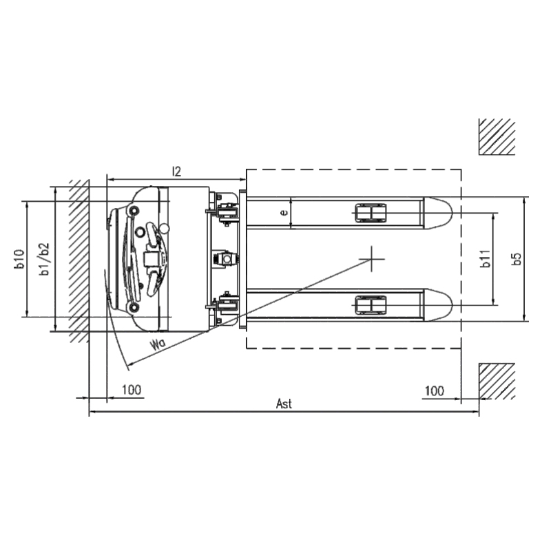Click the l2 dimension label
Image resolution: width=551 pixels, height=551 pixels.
pos(176,171)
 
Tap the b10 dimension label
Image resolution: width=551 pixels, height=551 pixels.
pos(19,259)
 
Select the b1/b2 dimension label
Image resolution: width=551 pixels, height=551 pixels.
pos(44,259)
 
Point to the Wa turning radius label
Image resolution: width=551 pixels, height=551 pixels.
pos(158,344)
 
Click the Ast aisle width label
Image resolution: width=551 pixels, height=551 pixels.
pos(284,404)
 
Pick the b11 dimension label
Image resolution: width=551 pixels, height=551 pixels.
pos(486,259)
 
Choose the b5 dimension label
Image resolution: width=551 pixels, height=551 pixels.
pos(516,259)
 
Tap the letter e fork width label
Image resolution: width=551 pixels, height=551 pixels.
pos(284,212)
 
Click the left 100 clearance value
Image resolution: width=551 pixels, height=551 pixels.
pos(132,390)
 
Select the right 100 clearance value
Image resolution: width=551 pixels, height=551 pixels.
pos(435,391)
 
